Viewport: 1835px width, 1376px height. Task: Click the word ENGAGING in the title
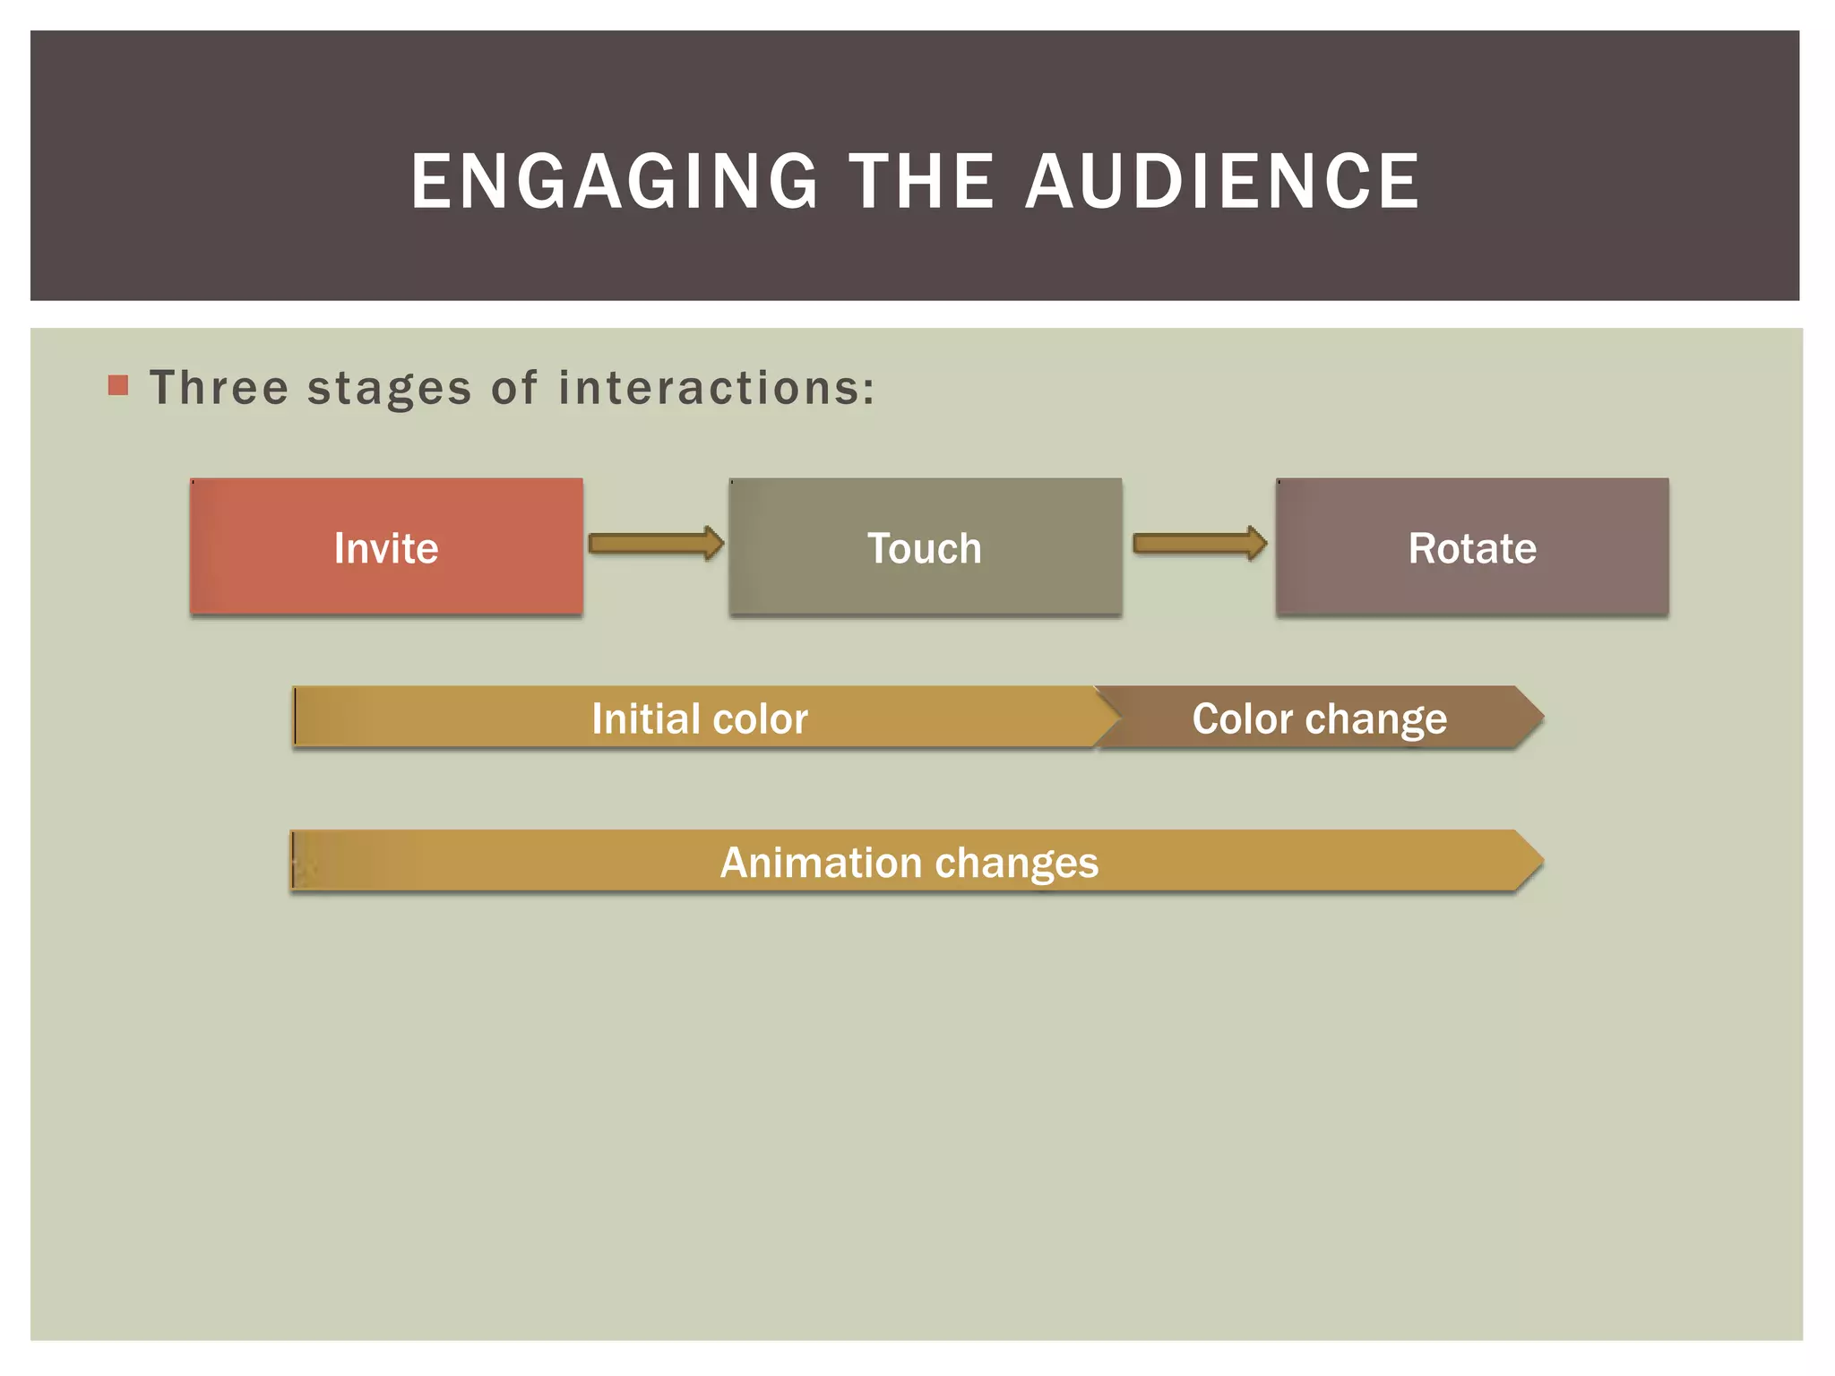pyautogui.click(x=615, y=182)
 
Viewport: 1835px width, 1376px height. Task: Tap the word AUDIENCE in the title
pyautogui.click(x=1222, y=182)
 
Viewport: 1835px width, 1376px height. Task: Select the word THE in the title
pyautogui.click(x=921, y=182)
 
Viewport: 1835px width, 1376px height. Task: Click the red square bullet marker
pyautogui.click(x=118, y=386)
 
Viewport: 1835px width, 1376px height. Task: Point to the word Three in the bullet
pyautogui.click(x=220, y=388)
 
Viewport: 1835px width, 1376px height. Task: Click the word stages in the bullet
pyautogui.click(x=389, y=390)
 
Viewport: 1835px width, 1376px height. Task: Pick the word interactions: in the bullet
pyautogui.click(x=716, y=388)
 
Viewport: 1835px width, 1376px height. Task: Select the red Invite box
pyautogui.click(x=386, y=547)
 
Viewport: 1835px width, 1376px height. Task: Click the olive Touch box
pyautogui.click(x=925, y=547)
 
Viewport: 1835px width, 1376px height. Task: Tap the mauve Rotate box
pyautogui.click(x=1472, y=547)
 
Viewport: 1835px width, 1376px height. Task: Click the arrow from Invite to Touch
pyautogui.click(x=656, y=544)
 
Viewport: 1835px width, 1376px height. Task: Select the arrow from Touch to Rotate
pyautogui.click(x=1200, y=544)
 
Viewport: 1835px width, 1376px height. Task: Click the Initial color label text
pyautogui.click(x=700, y=718)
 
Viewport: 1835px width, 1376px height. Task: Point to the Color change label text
pyautogui.click(x=1319, y=718)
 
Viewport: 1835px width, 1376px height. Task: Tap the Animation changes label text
pyautogui.click(x=909, y=863)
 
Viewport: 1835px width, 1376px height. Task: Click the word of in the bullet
pyautogui.click(x=514, y=388)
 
